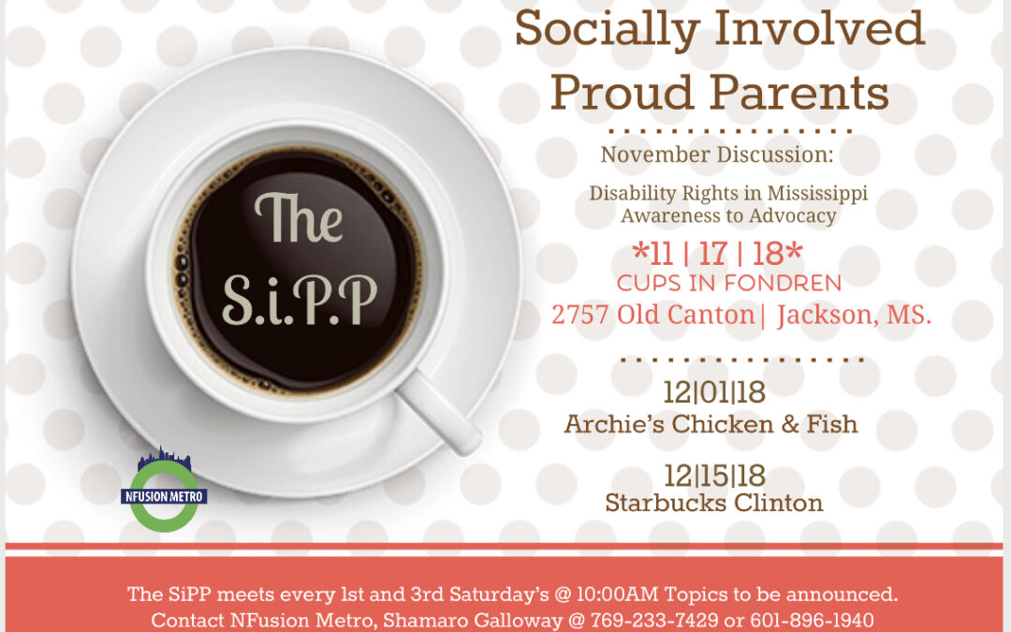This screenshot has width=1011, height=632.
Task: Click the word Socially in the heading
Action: (607, 30)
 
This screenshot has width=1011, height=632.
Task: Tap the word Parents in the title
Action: (799, 92)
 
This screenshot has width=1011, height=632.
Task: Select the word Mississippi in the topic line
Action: (817, 194)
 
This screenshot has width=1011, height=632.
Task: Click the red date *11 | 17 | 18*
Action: (718, 254)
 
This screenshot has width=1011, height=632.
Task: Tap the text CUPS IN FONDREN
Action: (728, 283)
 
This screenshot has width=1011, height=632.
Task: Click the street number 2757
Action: (580, 315)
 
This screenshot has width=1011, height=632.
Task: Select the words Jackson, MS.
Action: (855, 315)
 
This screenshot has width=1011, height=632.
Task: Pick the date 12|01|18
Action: (714, 392)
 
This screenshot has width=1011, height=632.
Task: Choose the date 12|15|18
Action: (714, 476)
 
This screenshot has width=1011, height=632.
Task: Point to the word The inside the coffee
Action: (298, 218)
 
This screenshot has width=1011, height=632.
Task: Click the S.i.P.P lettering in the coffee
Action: (300, 301)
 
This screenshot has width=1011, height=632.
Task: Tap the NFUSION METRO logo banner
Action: (164, 496)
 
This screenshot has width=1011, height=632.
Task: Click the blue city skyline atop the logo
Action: (165, 459)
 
